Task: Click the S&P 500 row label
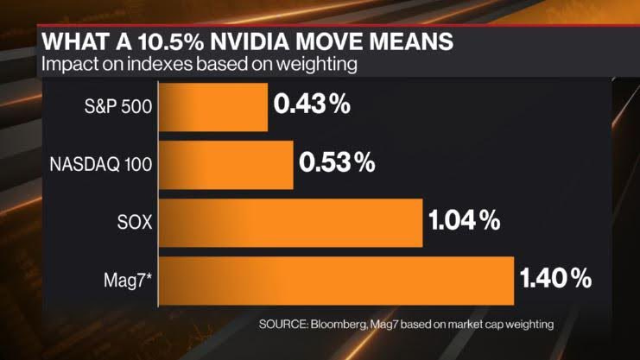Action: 116,106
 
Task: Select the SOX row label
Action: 136,222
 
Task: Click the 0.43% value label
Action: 312,105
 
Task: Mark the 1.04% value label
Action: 464,221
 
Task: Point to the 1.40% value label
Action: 555,278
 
